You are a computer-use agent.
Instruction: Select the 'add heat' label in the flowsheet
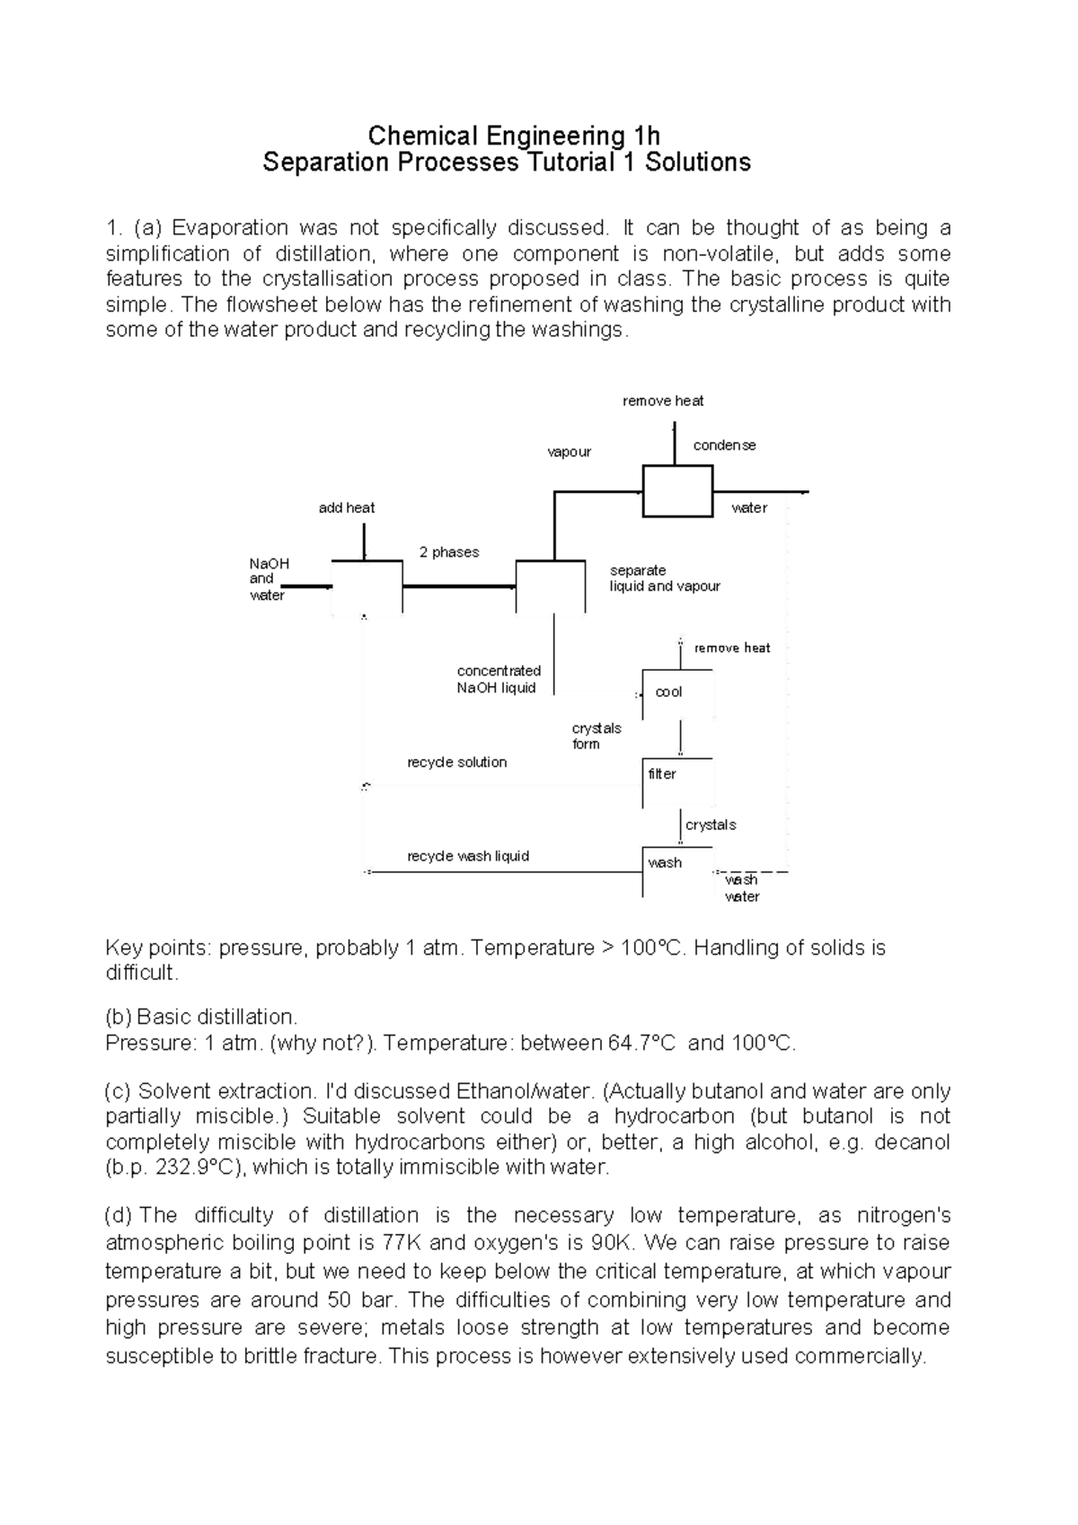point(347,507)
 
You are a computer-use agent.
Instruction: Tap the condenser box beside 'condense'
point(677,490)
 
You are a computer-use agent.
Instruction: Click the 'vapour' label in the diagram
point(570,452)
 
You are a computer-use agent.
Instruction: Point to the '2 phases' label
point(449,552)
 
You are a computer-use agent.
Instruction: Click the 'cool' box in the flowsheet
point(669,692)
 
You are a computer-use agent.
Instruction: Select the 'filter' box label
point(662,773)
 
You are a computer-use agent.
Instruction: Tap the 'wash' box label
point(665,863)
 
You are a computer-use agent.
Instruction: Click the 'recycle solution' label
point(456,762)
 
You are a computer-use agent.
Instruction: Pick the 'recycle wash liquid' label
point(468,856)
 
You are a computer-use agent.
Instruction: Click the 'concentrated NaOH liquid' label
point(499,680)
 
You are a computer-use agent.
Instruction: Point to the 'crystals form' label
point(596,736)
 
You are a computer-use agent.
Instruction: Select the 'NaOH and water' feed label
point(269,579)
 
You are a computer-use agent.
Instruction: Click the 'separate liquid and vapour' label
point(664,578)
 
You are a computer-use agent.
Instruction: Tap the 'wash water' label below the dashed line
point(742,888)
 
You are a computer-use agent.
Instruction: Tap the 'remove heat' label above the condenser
point(663,401)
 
